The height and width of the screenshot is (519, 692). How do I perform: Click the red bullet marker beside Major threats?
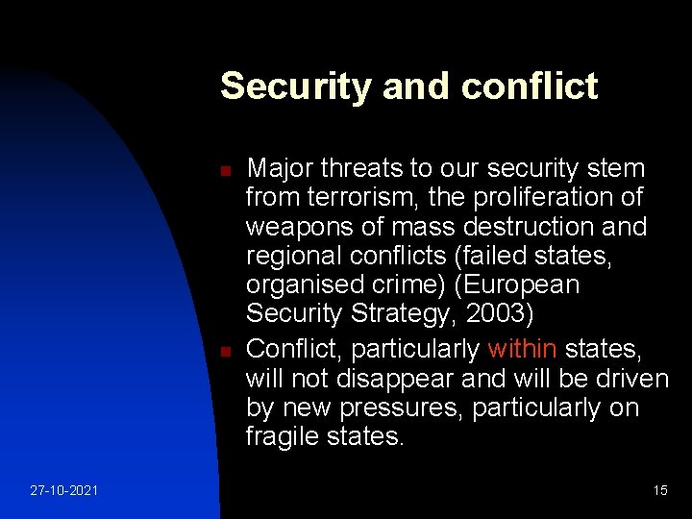pyautogui.click(x=223, y=170)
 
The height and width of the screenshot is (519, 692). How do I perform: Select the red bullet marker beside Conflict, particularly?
pyautogui.click(x=223, y=352)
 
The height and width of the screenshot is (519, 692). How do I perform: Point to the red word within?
pyautogui.click(x=522, y=347)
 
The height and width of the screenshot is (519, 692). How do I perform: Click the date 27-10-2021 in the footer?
pyautogui.click(x=62, y=490)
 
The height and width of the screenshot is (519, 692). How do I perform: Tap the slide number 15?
pyautogui.click(x=660, y=490)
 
